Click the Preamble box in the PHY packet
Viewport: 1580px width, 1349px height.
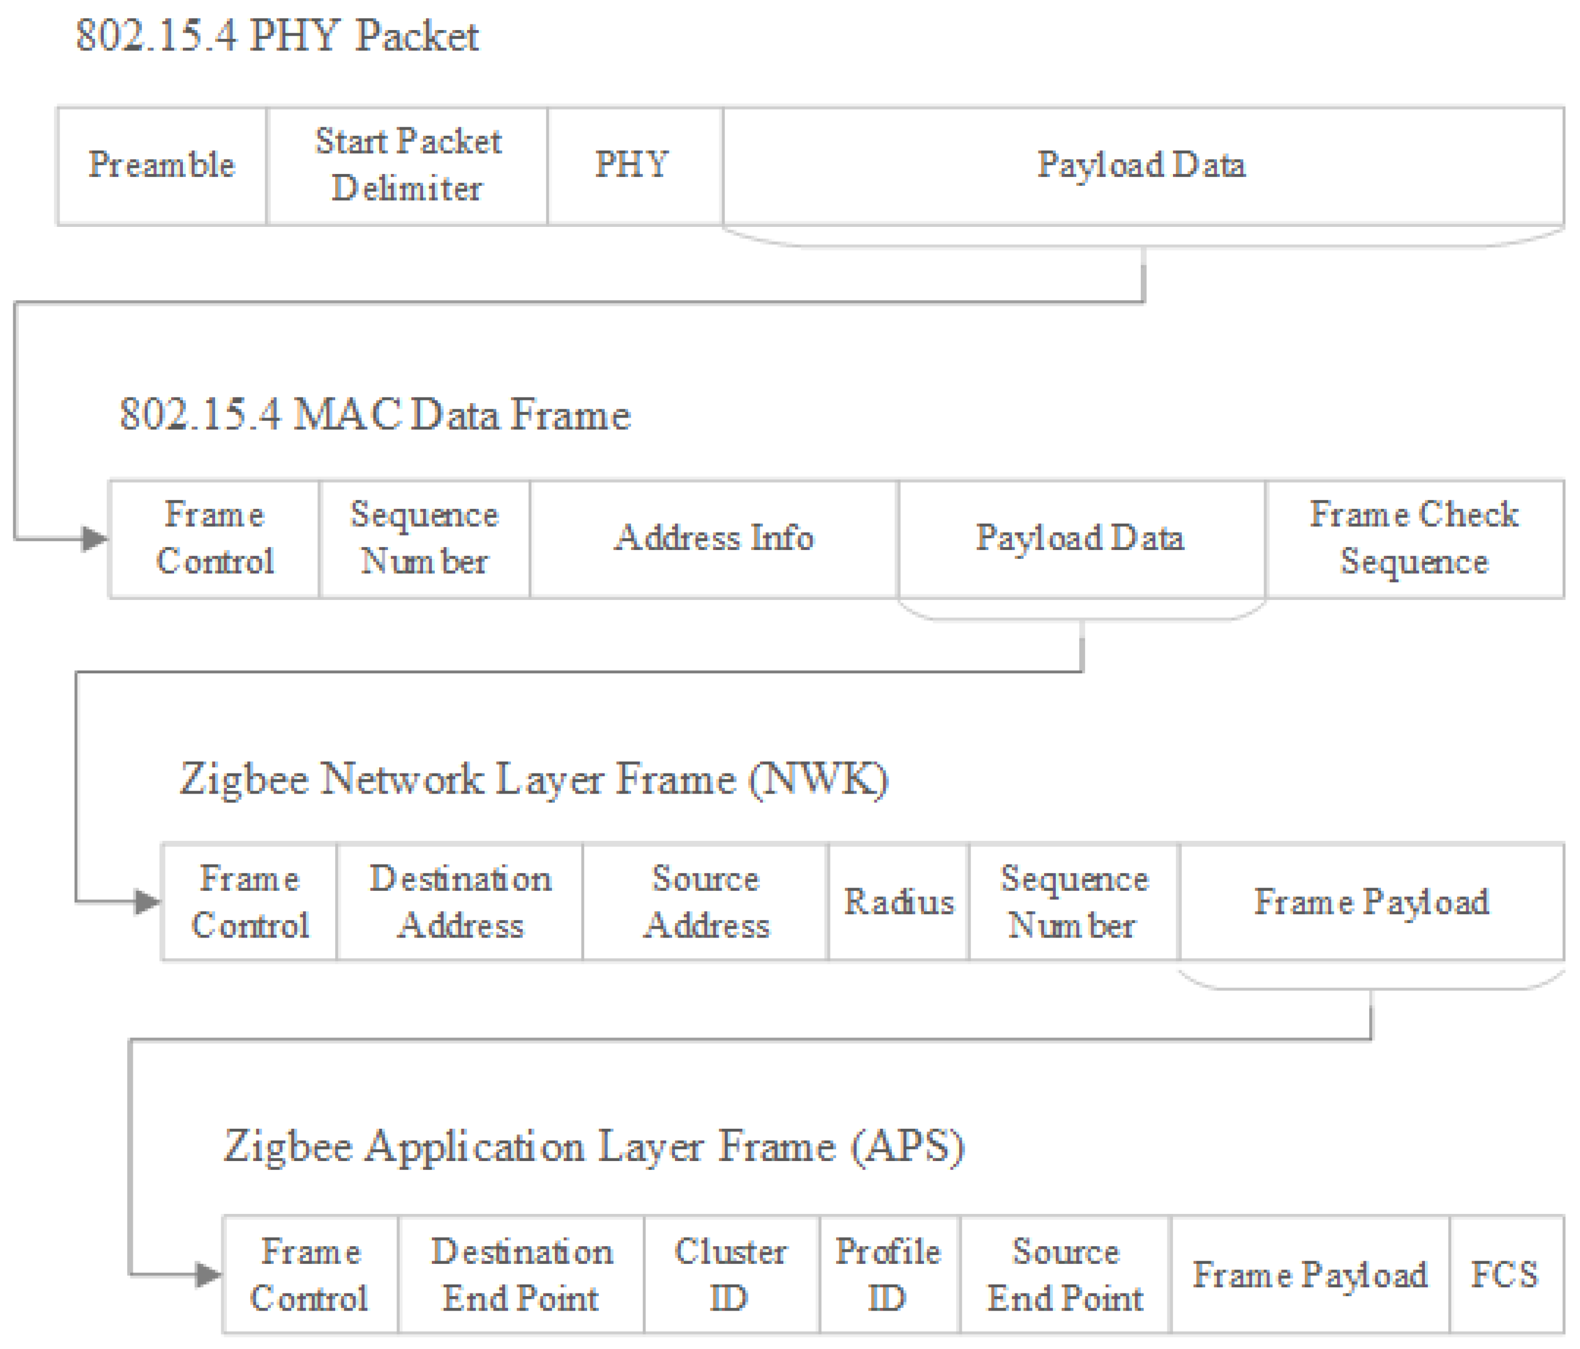pyautogui.click(x=162, y=166)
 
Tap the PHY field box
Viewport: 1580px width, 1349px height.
pyautogui.click(x=633, y=166)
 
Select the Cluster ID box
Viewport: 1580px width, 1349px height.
pyautogui.click(x=731, y=1276)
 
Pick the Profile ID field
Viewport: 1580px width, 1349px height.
pyautogui.click(x=889, y=1276)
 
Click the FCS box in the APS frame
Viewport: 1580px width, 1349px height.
pyautogui.click(x=1504, y=1276)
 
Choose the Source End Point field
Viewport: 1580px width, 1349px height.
pyautogui.click(x=1065, y=1276)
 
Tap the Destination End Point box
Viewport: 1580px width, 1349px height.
pyautogui.click(x=521, y=1276)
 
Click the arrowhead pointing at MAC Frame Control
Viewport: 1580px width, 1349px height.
pyautogui.click(x=95, y=539)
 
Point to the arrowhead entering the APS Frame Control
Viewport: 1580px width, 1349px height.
pyautogui.click(x=207, y=1275)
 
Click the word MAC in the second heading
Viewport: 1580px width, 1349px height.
pyautogui.click(x=347, y=415)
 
